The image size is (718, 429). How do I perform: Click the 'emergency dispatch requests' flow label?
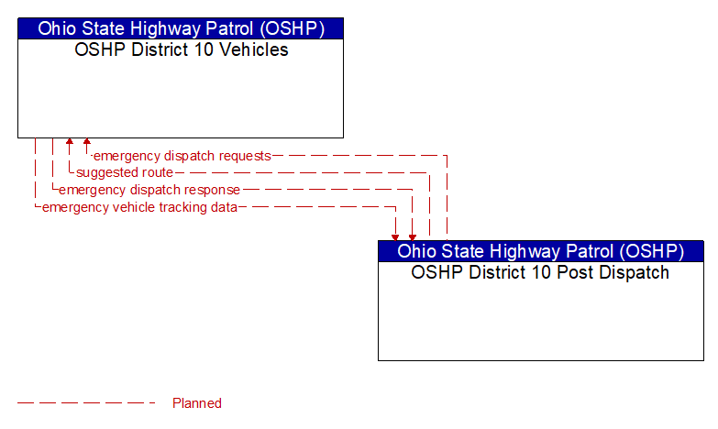182,156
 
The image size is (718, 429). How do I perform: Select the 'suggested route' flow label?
125,172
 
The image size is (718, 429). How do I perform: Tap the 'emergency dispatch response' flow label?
149,190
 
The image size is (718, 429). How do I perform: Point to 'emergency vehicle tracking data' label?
139,207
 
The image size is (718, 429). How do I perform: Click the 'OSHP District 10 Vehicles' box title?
182,49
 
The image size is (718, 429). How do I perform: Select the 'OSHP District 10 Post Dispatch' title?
540,272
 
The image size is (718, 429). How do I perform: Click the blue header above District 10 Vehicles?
181,28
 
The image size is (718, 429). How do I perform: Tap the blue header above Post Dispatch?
541,251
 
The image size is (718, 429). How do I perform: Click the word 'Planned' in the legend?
197,403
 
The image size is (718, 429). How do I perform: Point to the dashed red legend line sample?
86,403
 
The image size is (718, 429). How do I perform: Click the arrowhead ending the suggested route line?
70,141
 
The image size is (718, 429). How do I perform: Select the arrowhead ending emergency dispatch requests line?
87,141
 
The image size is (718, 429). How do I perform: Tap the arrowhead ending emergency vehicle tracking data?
395,237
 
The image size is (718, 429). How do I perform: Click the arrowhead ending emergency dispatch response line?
413,237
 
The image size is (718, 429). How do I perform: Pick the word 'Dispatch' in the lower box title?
635,272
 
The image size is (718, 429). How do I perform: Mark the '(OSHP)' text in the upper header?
293,28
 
